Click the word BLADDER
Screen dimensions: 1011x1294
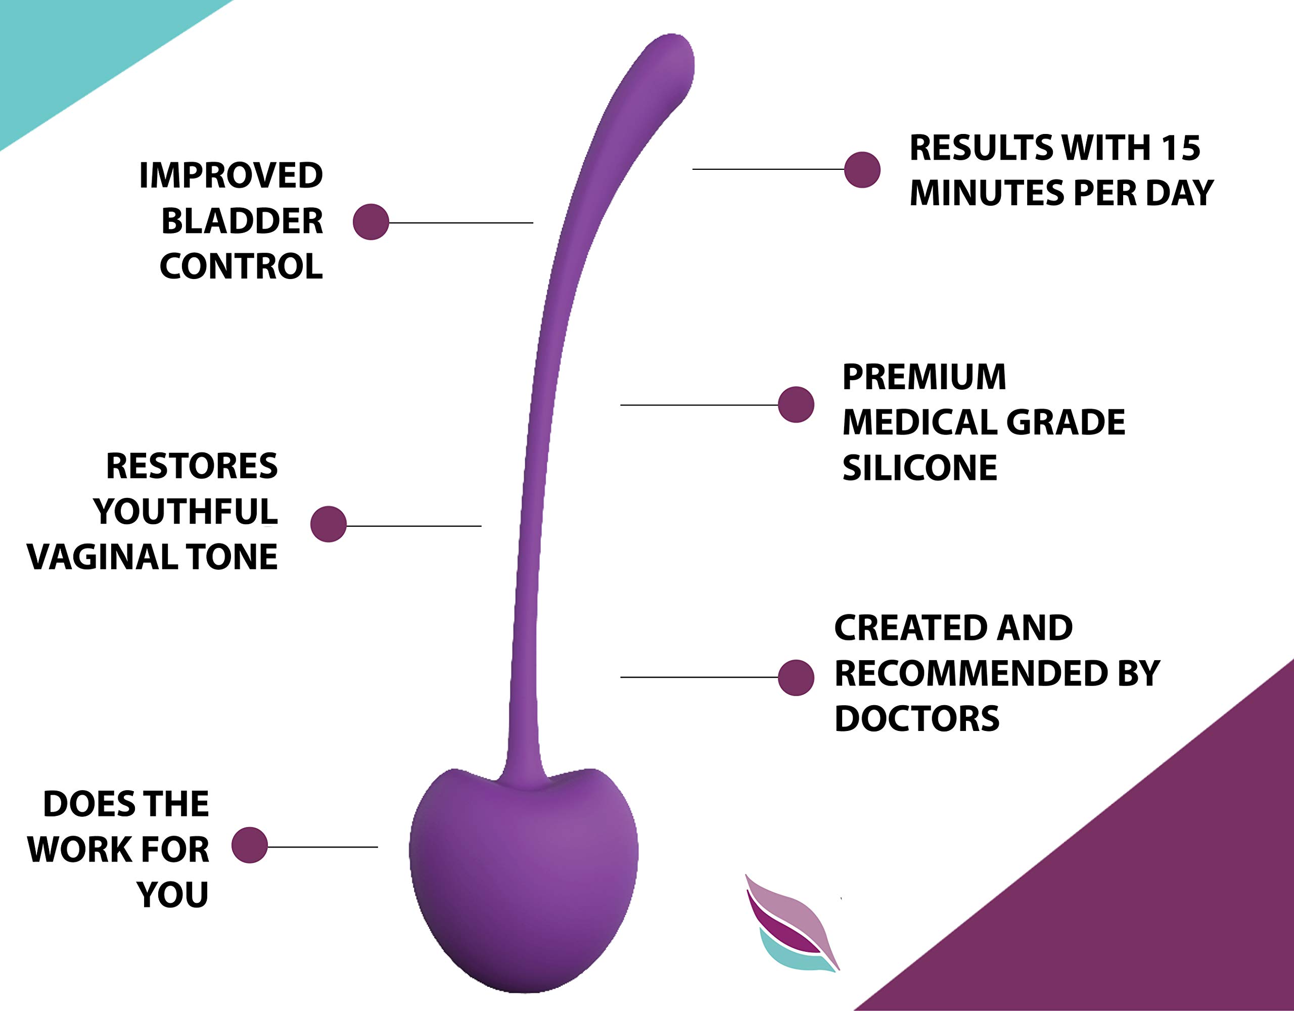[x=242, y=221]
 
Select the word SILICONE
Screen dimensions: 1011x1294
[x=919, y=468]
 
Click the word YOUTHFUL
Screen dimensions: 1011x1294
[x=186, y=512]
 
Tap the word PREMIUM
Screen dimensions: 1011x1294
[x=923, y=377]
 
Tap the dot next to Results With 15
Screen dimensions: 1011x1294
[x=862, y=169]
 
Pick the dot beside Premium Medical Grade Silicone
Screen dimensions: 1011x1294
[x=796, y=405]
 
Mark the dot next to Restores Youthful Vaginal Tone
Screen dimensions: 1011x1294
[x=328, y=524]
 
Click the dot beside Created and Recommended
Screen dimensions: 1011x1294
[x=796, y=677]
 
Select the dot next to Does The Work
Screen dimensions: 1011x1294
[x=249, y=845]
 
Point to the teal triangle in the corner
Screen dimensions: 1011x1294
[x=71, y=54]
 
